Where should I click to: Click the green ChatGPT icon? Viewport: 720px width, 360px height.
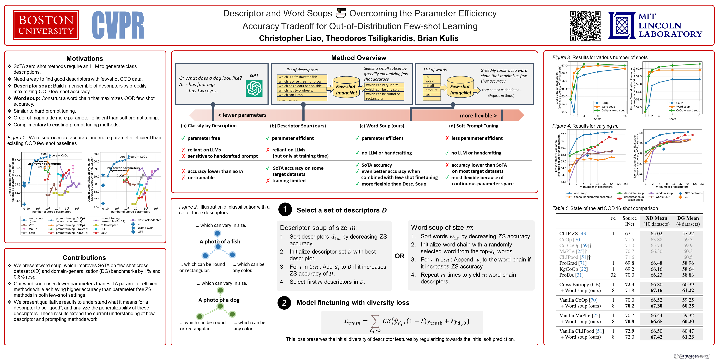[254, 88]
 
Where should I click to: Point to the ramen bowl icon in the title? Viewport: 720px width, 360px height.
[341, 13]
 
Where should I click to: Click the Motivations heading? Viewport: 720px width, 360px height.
[85, 58]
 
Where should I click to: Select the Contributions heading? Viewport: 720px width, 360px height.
[84, 258]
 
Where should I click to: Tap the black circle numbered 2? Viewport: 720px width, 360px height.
[284, 303]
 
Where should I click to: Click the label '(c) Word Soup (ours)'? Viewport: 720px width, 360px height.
[382, 126]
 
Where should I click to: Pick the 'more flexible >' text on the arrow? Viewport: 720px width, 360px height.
[478, 115]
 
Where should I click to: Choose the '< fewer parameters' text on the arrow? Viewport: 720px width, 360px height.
[242, 115]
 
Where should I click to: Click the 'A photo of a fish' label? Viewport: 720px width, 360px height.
[220, 241]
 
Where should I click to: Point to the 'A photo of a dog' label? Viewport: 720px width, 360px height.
[219, 300]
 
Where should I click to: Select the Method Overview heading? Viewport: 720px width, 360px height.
[359, 58]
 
